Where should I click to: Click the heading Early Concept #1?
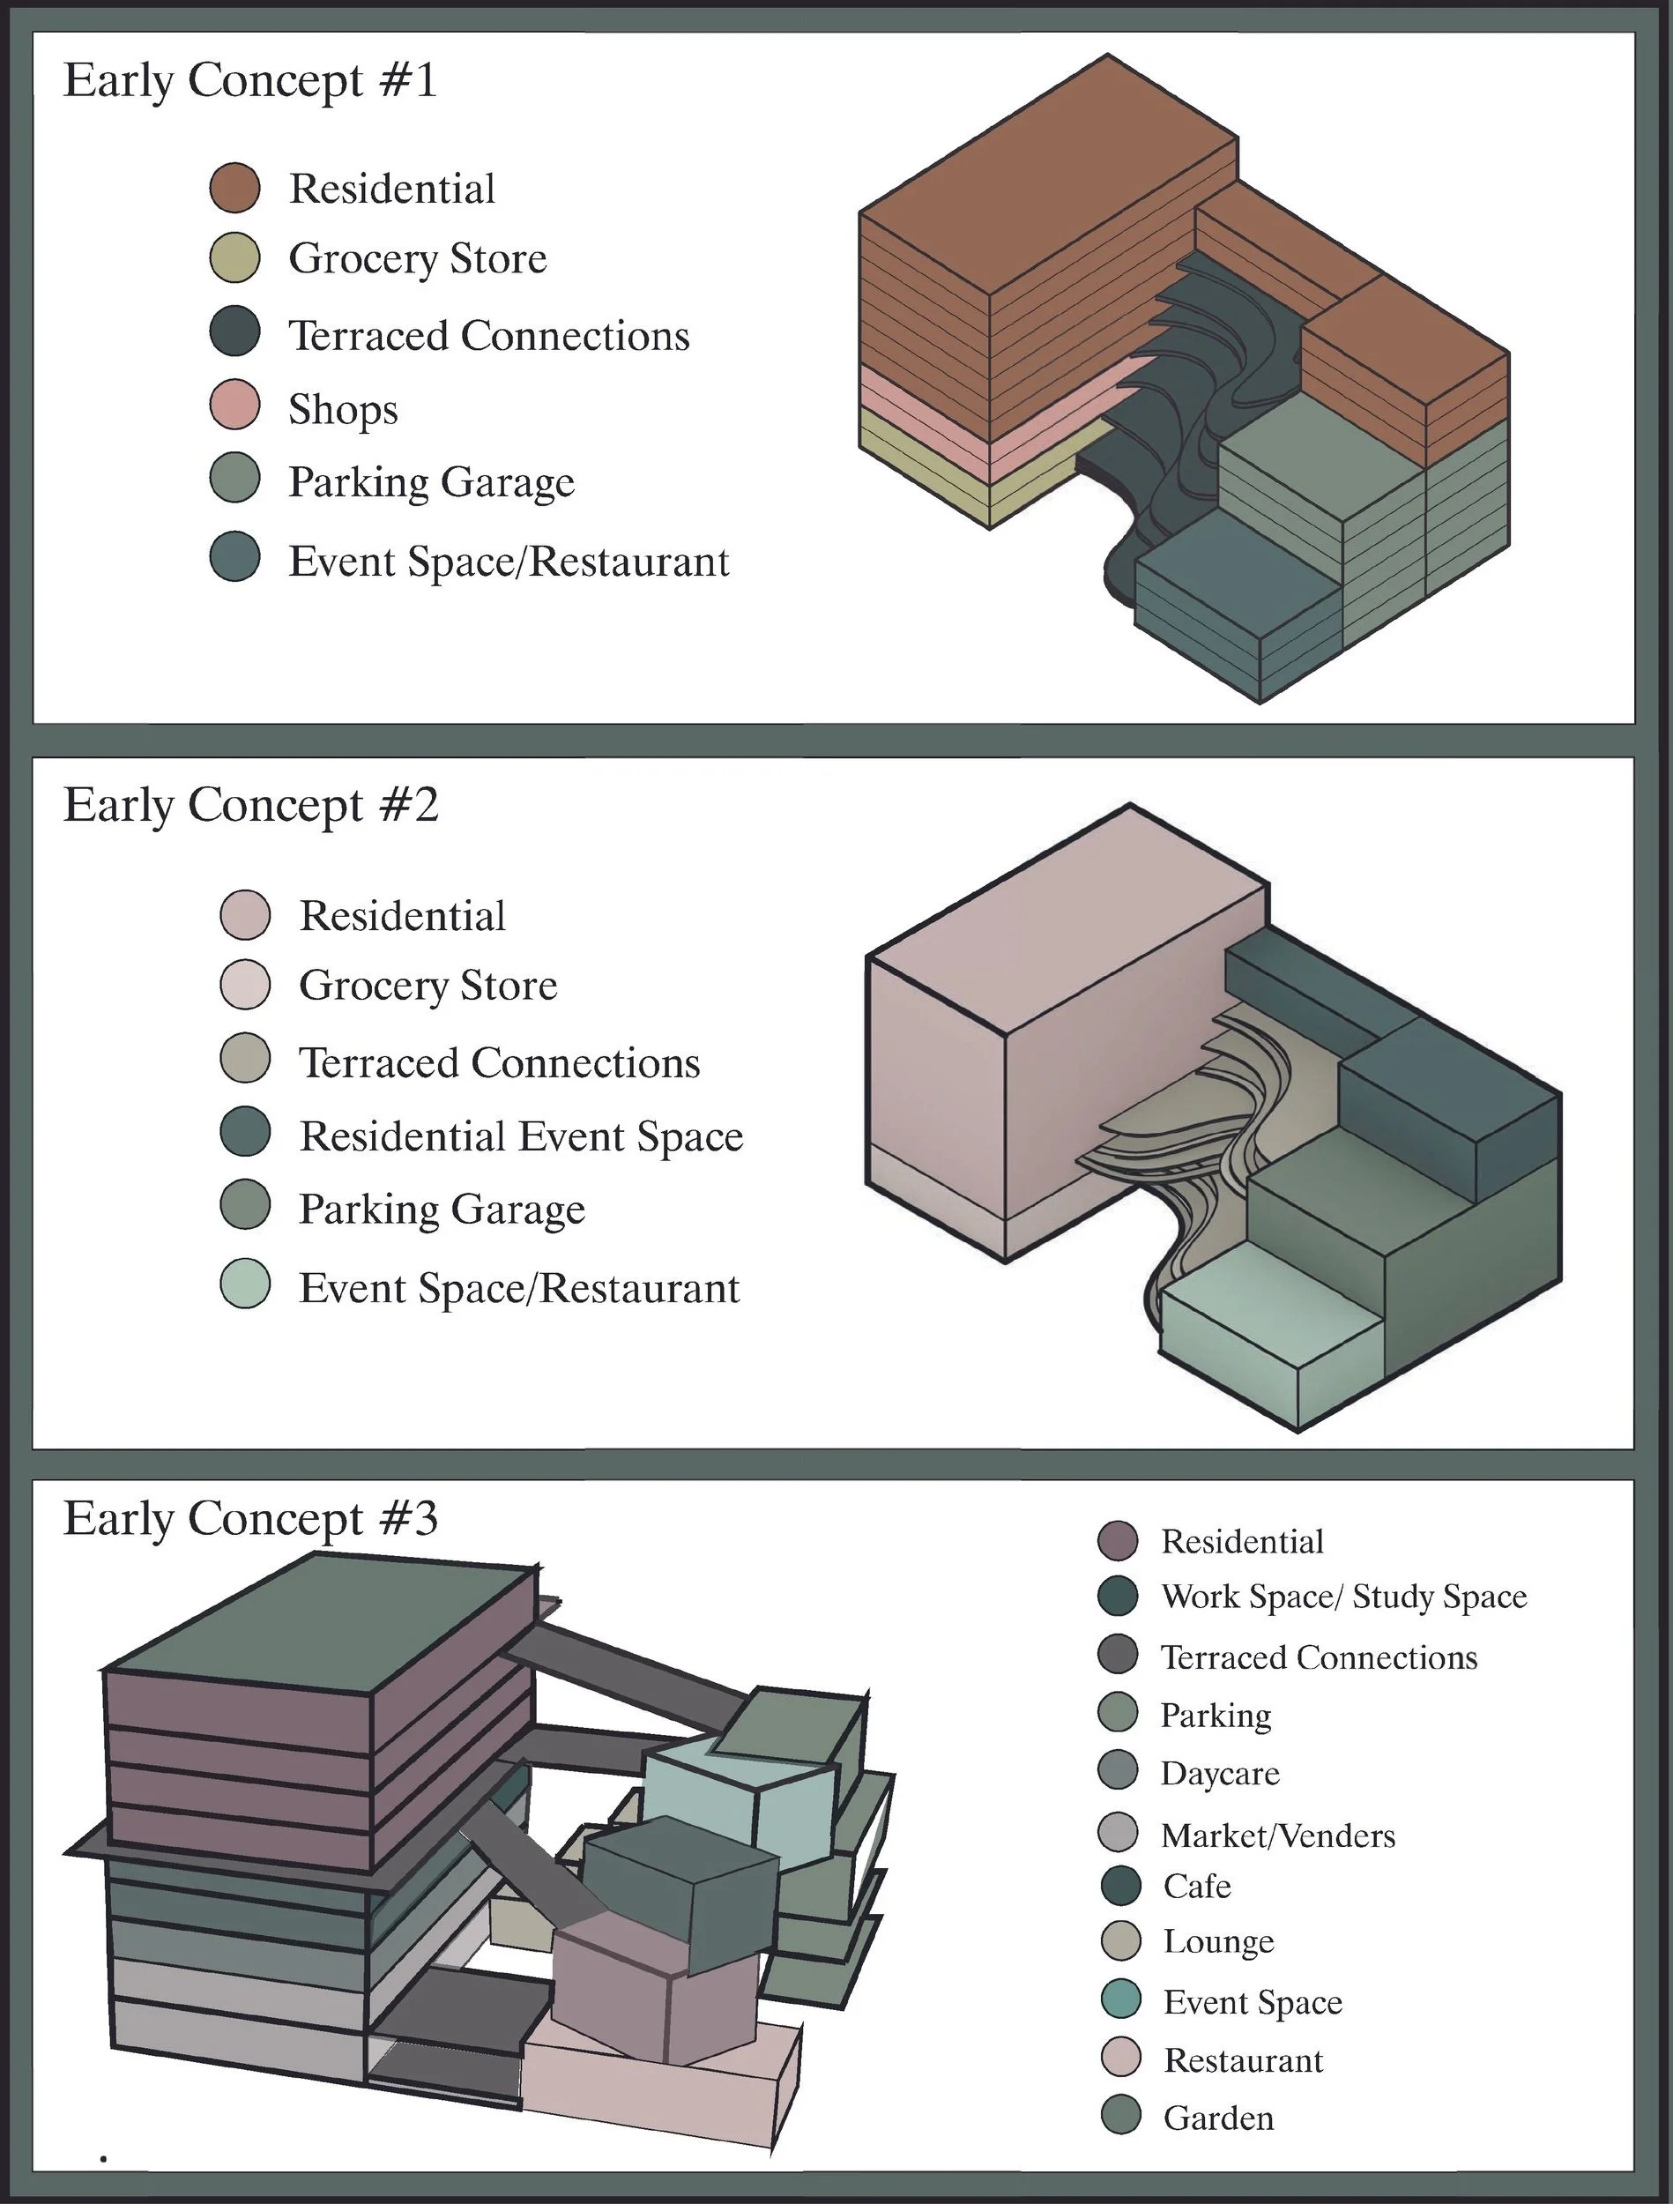click(250, 81)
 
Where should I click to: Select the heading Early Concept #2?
click(251, 805)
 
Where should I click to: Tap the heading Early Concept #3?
click(251, 1518)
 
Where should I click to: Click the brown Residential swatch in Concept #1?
click(235, 187)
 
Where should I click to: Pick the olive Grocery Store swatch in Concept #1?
click(235, 258)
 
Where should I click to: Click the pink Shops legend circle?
click(235, 405)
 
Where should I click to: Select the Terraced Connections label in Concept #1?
click(488, 336)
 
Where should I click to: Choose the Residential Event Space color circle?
click(245, 1132)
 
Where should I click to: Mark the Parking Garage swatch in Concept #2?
click(245, 1206)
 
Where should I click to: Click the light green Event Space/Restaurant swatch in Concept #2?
click(245, 1284)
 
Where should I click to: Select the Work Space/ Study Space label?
click(1343, 1597)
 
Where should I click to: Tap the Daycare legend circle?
click(1117, 1770)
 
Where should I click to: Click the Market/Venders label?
click(1277, 1835)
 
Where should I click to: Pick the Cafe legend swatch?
click(1121, 1885)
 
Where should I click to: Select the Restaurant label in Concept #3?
click(1244, 2059)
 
